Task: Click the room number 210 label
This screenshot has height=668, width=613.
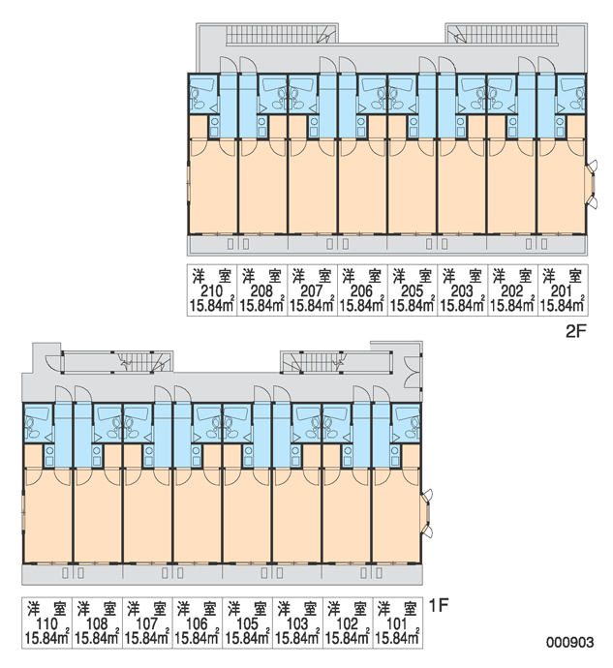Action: [x=211, y=291]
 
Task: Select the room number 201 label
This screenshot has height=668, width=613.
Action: [x=563, y=291]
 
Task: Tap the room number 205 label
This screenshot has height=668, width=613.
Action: [x=413, y=291]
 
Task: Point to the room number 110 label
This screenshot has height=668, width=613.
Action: [x=46, y=624]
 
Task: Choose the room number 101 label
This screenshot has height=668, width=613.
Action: [x=397, y=624]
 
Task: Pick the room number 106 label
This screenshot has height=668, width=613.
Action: [x=197, y=624]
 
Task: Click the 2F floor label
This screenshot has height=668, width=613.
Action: [x=576, y=331]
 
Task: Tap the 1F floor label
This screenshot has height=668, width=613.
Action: [x=439, y=606]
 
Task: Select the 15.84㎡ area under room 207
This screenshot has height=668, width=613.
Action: [x=312, y=306]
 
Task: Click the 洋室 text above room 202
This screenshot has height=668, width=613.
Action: [x=512, y=277]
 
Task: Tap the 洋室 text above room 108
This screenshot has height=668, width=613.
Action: [x=97, y=609]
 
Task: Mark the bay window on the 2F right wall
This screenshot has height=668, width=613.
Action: [x=592, y=184]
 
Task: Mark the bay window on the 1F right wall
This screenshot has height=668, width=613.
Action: [x=427, y=513]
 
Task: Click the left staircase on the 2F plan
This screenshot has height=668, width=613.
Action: [x=281, y=34]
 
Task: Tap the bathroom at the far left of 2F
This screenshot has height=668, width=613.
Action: [x=203, y=94]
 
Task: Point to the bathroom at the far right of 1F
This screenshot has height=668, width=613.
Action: [x=406, y=423]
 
